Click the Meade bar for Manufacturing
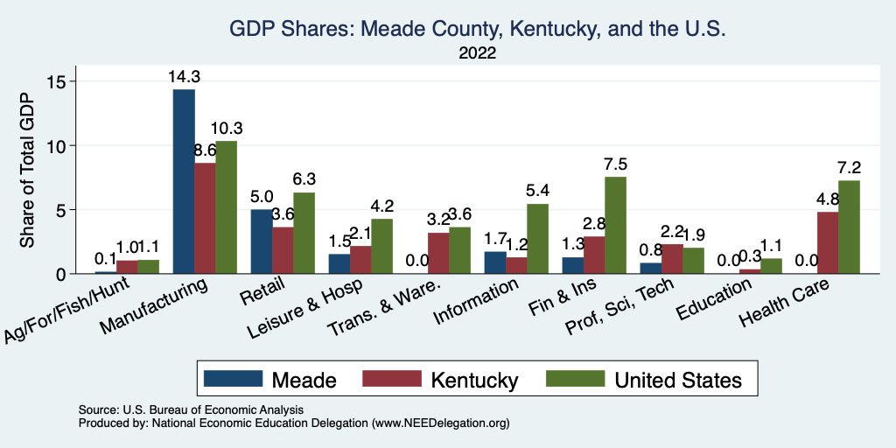click(184, 182)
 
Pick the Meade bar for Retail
click(262, 241)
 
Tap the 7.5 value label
click(615, 164)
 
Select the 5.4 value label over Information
click(537, 191)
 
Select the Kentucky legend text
click(474, 380)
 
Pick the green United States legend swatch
click(575, 379)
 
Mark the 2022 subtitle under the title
click(478, 53)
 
